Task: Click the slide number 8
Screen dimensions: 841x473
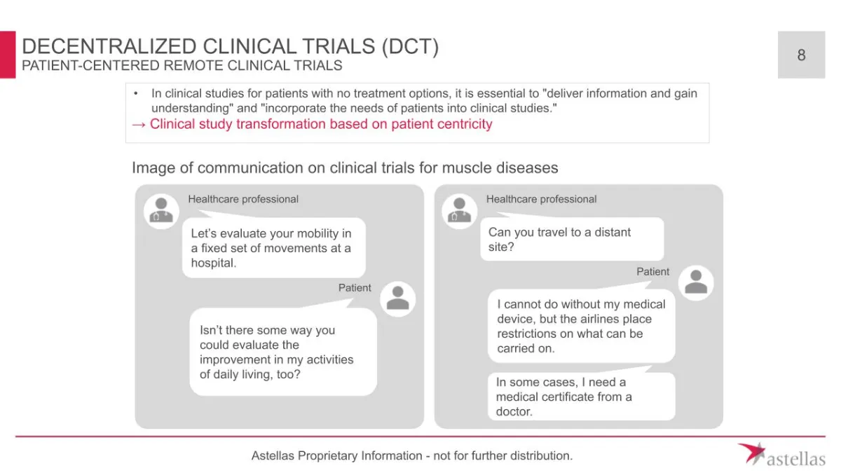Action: click(801, 55)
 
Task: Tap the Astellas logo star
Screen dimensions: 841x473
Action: click(753, 453)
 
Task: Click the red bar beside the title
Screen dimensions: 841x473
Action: click(8, 55)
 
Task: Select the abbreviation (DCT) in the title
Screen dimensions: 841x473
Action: click(410, 46)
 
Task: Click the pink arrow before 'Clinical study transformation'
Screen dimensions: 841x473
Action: click(139, 125)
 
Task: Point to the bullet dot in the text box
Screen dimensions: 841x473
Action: click(136, 93)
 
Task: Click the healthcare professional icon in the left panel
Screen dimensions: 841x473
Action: click(161, 211)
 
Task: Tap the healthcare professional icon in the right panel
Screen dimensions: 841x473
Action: click(459, 211)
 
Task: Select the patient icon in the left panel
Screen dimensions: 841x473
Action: click(397, 299)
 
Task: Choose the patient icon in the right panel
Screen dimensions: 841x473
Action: click(696, 282)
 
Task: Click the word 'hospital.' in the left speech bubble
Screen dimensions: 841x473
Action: click(214, 263)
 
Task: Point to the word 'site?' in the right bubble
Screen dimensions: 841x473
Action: click(501, 247)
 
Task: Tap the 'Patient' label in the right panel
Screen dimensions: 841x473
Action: click(652, 271)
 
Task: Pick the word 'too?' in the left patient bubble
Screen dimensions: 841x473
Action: click(288, 374)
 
